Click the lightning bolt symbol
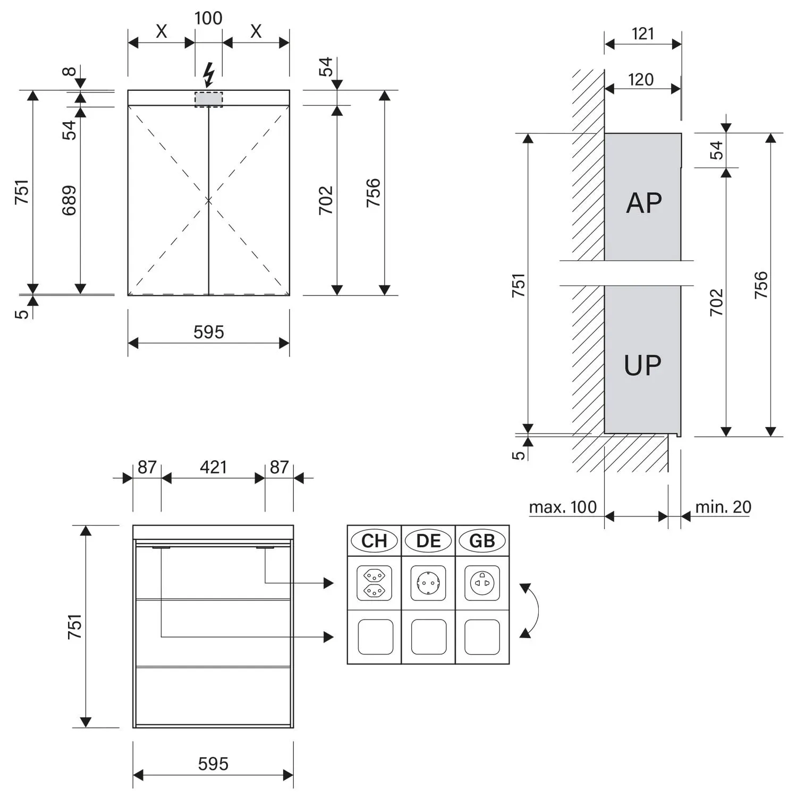point(209,74)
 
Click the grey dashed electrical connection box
point(209,99)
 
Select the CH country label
point(374,541)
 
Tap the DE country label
point(428,541)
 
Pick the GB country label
point(482,541)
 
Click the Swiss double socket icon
point(374,583)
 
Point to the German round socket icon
point(428,583)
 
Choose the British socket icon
point(482,583)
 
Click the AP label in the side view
point(644,203)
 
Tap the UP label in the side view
point(643,366)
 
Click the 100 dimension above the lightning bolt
point(208,18)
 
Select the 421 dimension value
point(213,467)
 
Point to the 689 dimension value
point(69,200)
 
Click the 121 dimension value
point(643,33)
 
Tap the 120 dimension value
point(641,80)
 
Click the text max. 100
point(563,507)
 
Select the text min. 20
point(723,507)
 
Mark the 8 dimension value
point(70,71)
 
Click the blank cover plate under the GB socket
point(482,637)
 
